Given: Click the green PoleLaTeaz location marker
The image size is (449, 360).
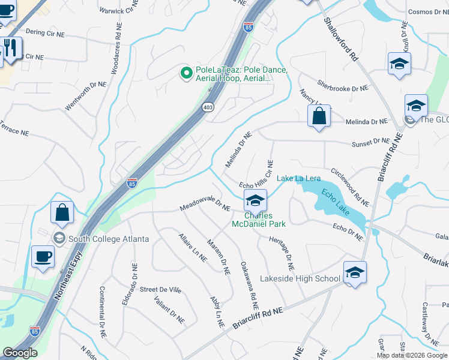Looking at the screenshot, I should click(186, 73).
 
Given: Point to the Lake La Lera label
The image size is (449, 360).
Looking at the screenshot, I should click(298, 178).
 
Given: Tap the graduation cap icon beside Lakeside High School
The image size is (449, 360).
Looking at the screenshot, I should click(355, 274).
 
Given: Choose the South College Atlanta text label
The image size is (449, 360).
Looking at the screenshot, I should click(109, 239).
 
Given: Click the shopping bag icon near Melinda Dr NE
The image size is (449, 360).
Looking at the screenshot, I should click(320, 116).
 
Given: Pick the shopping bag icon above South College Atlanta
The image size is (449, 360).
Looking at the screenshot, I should click(62, 212).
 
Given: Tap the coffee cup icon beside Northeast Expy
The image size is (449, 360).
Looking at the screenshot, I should click(42, 257).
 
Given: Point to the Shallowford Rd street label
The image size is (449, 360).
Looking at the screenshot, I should click(340, 38).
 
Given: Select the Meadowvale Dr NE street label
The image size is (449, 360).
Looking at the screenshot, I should click(205, 207).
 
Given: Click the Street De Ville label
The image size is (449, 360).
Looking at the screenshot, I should click(160, 289).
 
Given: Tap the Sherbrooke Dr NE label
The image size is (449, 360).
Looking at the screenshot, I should click(342, 88).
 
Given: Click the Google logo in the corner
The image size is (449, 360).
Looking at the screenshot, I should click(20, 353).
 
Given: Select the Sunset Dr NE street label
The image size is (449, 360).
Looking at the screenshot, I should click(370, 142).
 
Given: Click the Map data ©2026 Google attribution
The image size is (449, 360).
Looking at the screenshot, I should click(412, 355).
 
